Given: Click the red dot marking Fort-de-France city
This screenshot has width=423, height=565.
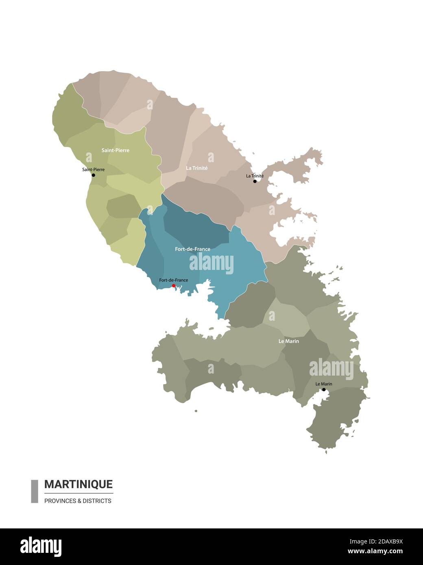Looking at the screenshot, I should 174,286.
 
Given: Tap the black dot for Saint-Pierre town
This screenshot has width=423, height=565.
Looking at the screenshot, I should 93,175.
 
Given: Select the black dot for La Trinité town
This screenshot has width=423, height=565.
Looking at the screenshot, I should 255,181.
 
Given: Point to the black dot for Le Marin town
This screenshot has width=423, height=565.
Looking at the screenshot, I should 324,390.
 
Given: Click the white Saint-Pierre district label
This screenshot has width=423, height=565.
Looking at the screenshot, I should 116,150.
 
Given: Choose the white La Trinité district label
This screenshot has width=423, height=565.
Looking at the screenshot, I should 197,168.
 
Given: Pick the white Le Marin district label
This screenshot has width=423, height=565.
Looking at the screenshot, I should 289,341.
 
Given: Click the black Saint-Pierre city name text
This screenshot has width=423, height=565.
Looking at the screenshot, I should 93,169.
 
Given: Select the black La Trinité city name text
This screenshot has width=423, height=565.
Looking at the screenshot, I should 255,176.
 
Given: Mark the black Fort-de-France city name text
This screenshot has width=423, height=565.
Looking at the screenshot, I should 174,280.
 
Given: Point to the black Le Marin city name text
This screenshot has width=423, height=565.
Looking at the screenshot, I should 324,384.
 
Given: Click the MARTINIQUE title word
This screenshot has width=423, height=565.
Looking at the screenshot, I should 78,484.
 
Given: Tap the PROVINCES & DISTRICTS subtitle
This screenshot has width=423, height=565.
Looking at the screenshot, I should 78,501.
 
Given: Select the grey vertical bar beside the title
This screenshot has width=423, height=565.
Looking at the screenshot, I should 35,491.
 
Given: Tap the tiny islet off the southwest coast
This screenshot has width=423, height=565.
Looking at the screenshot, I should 196,411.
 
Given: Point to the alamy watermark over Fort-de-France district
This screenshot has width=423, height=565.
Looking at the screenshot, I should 211,263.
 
